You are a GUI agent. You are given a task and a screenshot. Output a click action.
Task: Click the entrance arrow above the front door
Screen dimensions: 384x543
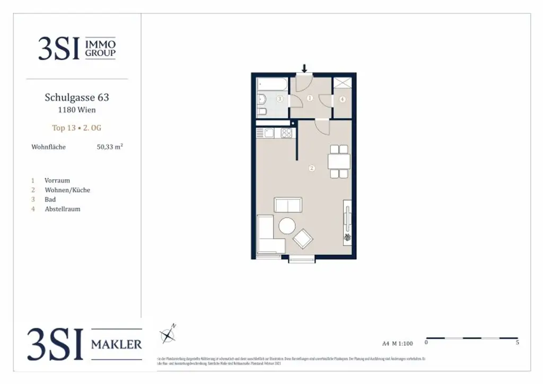click(x=304, y=68)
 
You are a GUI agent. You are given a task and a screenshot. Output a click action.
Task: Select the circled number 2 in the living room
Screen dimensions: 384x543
click(x=311, y=169)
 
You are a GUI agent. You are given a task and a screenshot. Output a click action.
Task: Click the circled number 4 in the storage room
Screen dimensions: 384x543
click(x=343, y=99)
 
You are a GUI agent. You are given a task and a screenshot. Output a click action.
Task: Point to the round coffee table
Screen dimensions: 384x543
click(x=287, y=226)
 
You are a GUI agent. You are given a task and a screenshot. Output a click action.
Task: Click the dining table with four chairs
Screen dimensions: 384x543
click(x=338, y=161)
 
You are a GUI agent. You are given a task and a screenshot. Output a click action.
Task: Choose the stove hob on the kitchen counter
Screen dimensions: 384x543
click(x=286, y=133)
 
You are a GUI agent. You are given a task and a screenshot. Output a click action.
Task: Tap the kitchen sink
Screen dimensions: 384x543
click(x=268, y=133)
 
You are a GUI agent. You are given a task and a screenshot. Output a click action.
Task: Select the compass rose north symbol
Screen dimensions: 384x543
click(x=168, y=335)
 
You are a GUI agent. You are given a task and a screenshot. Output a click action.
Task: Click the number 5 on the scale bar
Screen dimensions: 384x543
click(x=517, y=343)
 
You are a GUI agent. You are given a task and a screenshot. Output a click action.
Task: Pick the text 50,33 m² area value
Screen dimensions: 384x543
click(x=109, y=147)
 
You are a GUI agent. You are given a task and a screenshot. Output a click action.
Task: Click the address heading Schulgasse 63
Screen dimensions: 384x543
click(x=77, y=98)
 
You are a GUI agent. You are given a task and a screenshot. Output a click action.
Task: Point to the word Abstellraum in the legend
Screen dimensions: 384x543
click(x=63, y=209)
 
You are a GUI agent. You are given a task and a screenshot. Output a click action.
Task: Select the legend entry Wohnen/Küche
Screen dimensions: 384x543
click(x=67, y=190)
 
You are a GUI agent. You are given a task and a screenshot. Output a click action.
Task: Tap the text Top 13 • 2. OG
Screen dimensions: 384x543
click(x=77, y=128)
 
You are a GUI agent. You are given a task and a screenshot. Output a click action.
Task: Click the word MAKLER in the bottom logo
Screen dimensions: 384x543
click(x=117, y=345)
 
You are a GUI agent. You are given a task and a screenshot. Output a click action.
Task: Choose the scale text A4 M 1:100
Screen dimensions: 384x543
click(x=397, y=343)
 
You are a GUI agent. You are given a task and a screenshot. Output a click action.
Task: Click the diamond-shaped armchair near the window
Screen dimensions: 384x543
click(x=303, y=239)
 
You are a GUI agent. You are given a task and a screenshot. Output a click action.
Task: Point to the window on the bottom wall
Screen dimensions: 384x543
click(x=302, y=259)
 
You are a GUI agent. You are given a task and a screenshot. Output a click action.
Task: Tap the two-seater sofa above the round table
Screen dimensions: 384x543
click(x=287, y=205)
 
